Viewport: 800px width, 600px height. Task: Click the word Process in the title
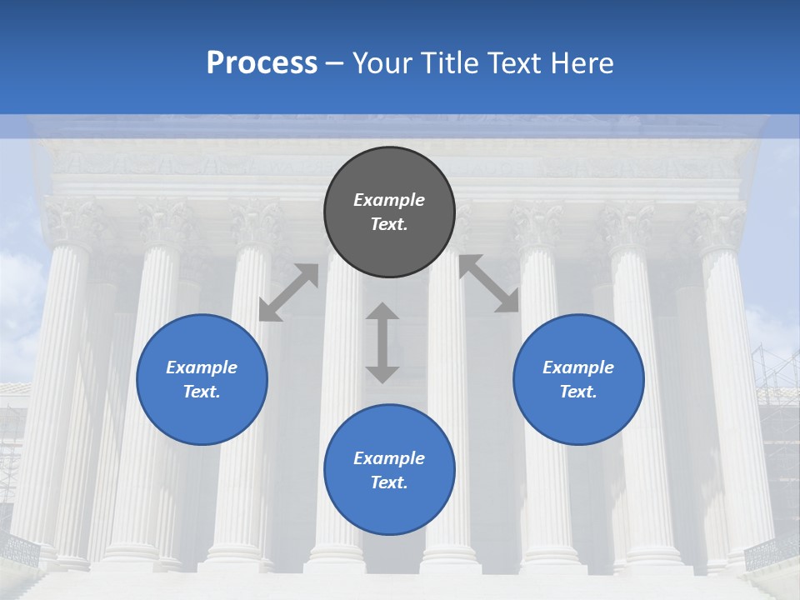point(262,63)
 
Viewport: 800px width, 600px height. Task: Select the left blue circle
point(202,379)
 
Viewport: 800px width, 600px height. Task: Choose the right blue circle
point(578,379)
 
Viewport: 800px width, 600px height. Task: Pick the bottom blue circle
point(389,470)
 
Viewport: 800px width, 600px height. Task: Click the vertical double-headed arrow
point(382,342)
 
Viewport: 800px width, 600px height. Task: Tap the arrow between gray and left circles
point(288,292)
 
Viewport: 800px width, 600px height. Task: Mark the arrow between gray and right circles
point(489,283)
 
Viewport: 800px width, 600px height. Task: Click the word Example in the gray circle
point(389,200)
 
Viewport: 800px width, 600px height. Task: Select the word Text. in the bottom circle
point(389,482)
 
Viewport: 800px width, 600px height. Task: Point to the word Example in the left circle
point(202,367)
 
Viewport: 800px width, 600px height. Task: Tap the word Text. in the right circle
point(578,392)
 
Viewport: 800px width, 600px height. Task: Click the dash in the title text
point(335,64)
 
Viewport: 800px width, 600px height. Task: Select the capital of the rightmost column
point(716,225)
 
